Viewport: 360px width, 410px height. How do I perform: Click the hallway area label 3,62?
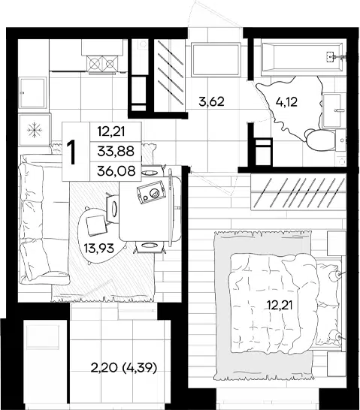(x=211, y=101)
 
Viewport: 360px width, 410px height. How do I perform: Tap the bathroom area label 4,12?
(x=286, y=101)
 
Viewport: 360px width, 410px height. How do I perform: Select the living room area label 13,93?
(x=99, y=248)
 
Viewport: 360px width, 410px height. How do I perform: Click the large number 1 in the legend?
(x=71, y=152)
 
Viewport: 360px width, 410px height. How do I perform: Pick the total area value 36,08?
(x=116, y=171)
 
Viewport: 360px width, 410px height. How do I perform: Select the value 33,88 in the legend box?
(x=116, y=151)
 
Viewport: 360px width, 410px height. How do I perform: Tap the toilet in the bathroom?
(x=320, y=140)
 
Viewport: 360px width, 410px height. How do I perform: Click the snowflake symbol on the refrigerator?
(x=35, y=130)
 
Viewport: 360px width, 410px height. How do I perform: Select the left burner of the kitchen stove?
(x=94, y=63)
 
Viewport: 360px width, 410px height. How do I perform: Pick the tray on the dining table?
(x=152, y=192)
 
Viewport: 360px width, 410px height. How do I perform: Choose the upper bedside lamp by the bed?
(x=335, y=276)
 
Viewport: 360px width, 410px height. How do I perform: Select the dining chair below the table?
(x=149, y=246)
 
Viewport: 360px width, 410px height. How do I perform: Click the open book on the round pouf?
(x=96, y=225)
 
